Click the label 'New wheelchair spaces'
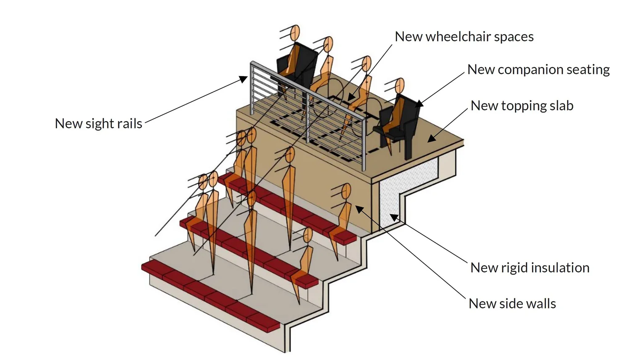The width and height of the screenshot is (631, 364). click(x=464, y=37)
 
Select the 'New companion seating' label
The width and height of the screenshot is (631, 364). click(x=538, y=69)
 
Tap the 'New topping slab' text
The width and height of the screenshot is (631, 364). click(x=522, y=106)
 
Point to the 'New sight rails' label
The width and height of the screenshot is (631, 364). click(x=98, y=124)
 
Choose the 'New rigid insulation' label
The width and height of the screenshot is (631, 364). click(x=530, y=268)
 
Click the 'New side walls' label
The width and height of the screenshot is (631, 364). click(x=512, y=303)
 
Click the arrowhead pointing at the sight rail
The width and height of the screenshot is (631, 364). click(x=243, y=79)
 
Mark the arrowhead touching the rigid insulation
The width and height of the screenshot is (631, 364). click(x=393, y=217)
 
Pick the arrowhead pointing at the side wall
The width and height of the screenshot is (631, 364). click(x=359, y=208)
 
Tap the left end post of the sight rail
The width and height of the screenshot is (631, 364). click(x=252, y=88)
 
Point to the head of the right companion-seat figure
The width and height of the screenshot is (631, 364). click(x=400, y=86)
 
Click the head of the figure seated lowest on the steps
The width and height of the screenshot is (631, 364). click(x=308, y=235)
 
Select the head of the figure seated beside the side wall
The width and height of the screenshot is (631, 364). click(x=346, y=191)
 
